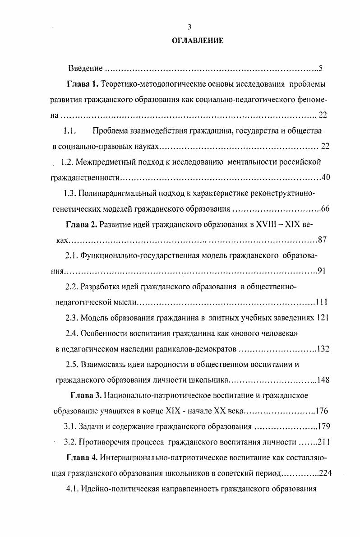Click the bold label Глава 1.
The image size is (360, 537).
tap(82, 84)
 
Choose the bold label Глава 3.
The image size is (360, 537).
tap(86, 396)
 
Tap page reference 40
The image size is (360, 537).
tap(326, 177)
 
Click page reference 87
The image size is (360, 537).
tap(323, 240)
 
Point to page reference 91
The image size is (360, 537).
tap(322, 271)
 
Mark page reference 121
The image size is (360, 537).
tap(323, 318)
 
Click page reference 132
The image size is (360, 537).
tap(323, 349)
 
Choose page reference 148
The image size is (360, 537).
tap(323, 380)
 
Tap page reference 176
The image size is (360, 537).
tap(322, 411)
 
